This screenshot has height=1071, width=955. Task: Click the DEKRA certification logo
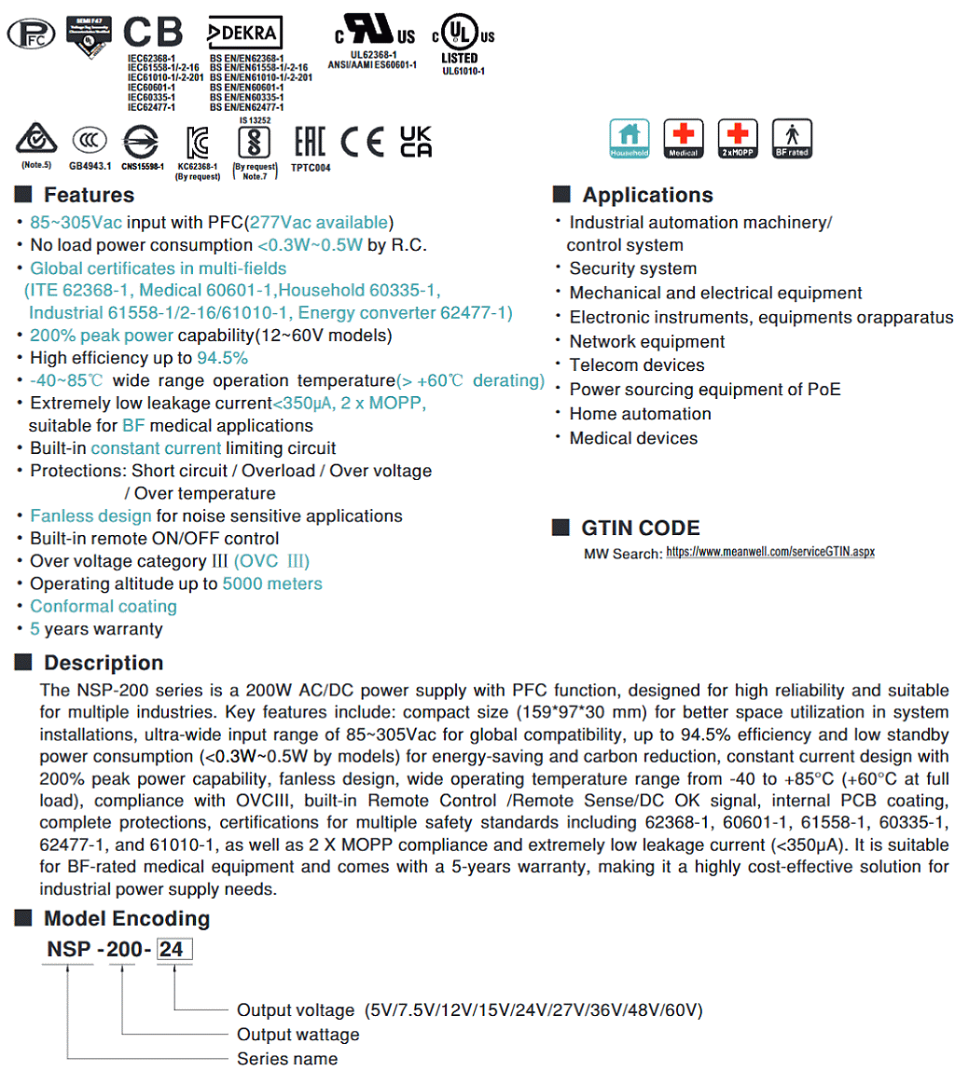coord(244,34)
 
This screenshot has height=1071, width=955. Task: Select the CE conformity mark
coord(362,142)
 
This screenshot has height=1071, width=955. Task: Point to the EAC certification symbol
coord(309,142)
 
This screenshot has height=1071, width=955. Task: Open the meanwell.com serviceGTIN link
coord(770,552)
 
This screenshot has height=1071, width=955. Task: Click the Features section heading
coord(89,195)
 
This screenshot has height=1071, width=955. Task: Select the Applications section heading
coord(647,195)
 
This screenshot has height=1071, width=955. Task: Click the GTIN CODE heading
coord(640,529)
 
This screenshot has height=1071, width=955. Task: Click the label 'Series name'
coord(287,1059)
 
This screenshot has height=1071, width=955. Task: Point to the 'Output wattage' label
coord(298,1035)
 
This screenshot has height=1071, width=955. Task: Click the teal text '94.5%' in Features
coord(222,358)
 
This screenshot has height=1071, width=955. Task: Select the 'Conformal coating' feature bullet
coord(104,606)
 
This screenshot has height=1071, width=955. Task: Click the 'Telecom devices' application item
coord(637,365)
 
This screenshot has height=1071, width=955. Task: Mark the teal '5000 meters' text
coord(272,584)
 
